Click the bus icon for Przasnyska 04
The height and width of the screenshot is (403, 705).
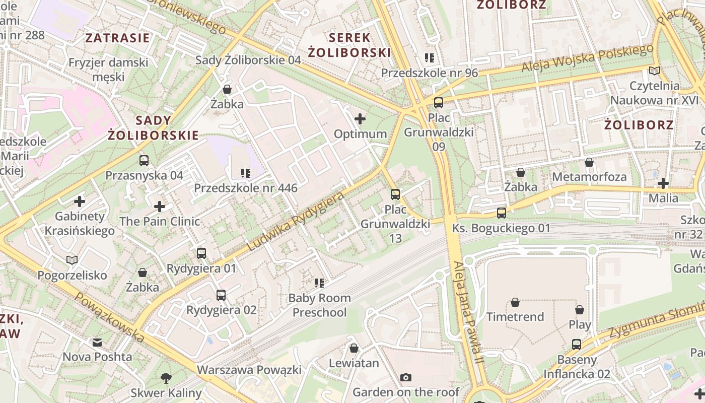(x=144, y=161)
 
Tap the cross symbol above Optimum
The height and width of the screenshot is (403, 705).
(x=360, y=119)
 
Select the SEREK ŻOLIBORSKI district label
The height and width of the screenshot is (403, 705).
(x=349, y=45)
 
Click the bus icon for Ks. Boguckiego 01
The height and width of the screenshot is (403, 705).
(x=502, y=213)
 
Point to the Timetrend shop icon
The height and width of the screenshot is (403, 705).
(x=515, y=302)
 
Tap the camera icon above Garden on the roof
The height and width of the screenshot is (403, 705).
(x=405, y=377)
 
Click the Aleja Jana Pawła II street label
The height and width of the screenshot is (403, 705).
(x=468, y=312)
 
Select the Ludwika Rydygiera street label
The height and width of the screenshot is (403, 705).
(x=296, y=221)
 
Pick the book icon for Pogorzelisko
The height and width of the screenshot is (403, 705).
(x=72, y=260)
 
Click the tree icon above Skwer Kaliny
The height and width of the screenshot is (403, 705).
(x=166, y=378)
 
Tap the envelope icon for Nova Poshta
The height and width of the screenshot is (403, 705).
(x=97, y=343)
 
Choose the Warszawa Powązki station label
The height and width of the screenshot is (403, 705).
(x=249, y=370)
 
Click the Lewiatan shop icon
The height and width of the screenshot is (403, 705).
(x=354, y=348)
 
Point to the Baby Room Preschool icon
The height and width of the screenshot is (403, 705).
(x=319, y=283)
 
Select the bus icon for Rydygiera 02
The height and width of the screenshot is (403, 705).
(x=221, y=295)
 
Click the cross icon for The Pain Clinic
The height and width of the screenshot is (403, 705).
(x=160, y=207)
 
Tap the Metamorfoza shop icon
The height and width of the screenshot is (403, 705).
(x=589, y=162)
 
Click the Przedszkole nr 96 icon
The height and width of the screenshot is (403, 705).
(x=429, y=58)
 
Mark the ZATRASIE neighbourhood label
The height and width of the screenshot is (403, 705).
(x=117, y=38)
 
